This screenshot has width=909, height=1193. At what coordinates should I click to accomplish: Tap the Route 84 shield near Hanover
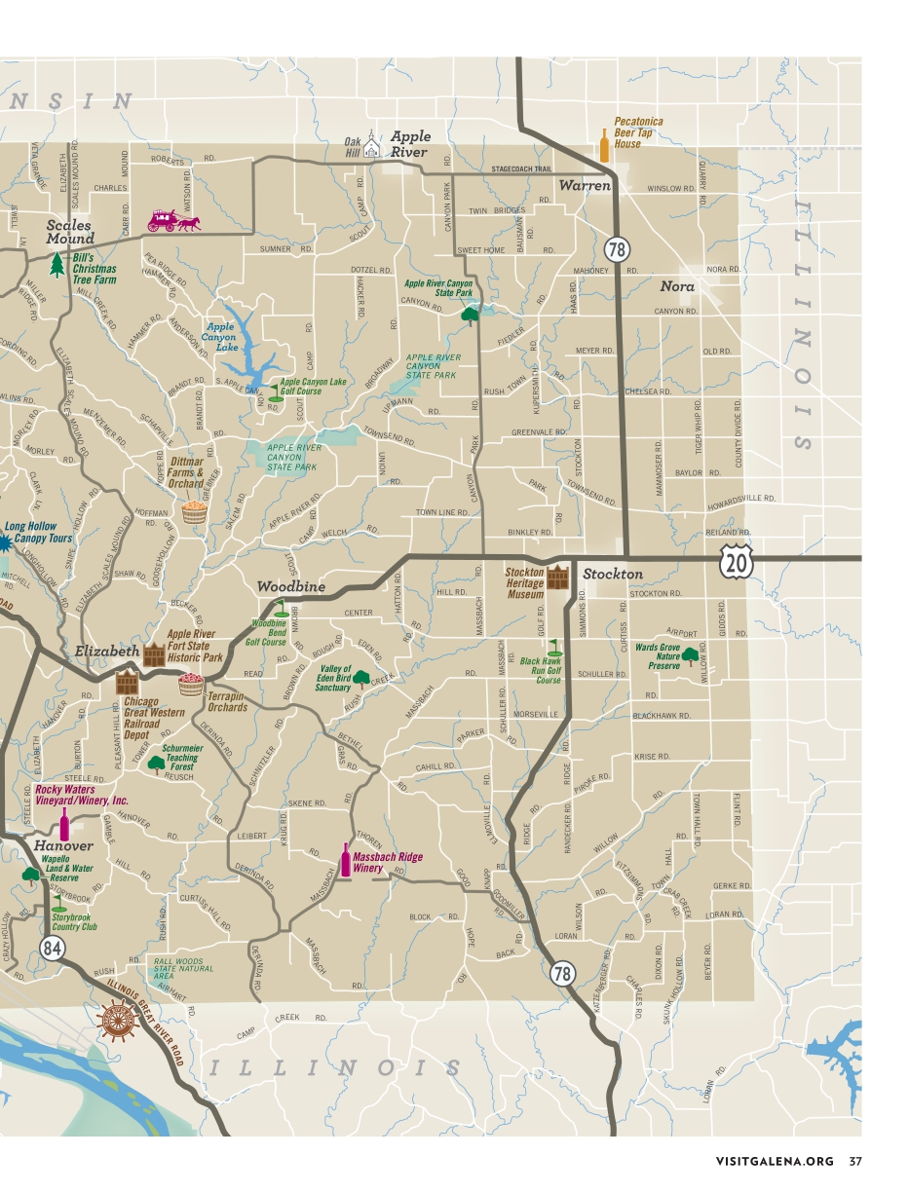click(x=53, y=949)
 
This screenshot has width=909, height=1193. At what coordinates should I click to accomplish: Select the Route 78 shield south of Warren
click(x=617, y=249)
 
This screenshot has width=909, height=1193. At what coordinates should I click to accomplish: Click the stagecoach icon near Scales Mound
click(x=172, y=221)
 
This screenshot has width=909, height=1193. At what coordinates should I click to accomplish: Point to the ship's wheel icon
click(x=118, y=1020)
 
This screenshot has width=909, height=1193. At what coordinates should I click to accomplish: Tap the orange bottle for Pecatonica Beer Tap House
click(x=604, y=148)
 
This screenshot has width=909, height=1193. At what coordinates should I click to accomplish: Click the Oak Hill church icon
click(x=371, y=147)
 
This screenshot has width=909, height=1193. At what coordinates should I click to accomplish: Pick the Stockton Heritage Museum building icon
click(x=556, y=577)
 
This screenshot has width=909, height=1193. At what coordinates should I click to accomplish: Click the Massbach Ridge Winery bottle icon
click(x=344, y=860)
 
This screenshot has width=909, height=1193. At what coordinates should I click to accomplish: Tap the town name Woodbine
click(x=291, y=587)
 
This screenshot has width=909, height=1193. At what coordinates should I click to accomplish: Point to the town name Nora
click(x=677, y=286)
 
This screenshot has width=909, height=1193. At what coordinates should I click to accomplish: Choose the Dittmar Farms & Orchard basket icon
click(x=194, y=511)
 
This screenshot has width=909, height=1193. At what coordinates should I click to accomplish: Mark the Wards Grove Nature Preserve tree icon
click(x=691, y=655)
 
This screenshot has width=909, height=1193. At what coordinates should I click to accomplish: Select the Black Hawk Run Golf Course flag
click(x=554, y=647)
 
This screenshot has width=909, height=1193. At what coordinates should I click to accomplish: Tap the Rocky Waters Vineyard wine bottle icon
click(x=65, y=823)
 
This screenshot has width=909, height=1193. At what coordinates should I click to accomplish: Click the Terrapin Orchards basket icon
click(x=190, y=685)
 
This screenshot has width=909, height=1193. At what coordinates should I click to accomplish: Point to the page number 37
click(x=854, y=1161)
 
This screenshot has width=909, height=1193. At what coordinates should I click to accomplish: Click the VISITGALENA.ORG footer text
click(x=775, y=1161)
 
